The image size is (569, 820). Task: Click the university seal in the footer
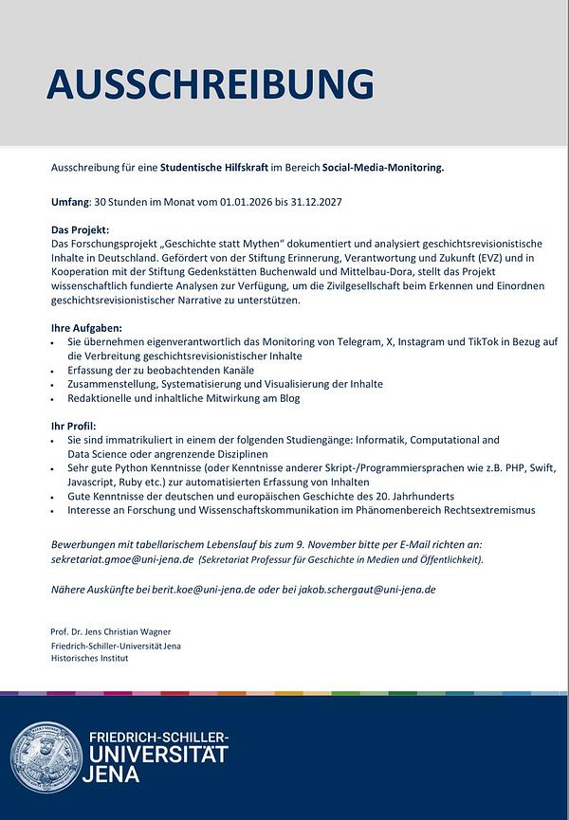coord(46,757)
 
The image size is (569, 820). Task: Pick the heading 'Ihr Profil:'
coord(74,427)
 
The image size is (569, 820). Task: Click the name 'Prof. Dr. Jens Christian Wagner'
coord(111,631)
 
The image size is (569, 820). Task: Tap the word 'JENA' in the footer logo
coord(112,774)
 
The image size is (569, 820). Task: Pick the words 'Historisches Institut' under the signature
coord(89,657)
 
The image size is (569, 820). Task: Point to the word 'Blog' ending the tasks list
coord(289,398)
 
